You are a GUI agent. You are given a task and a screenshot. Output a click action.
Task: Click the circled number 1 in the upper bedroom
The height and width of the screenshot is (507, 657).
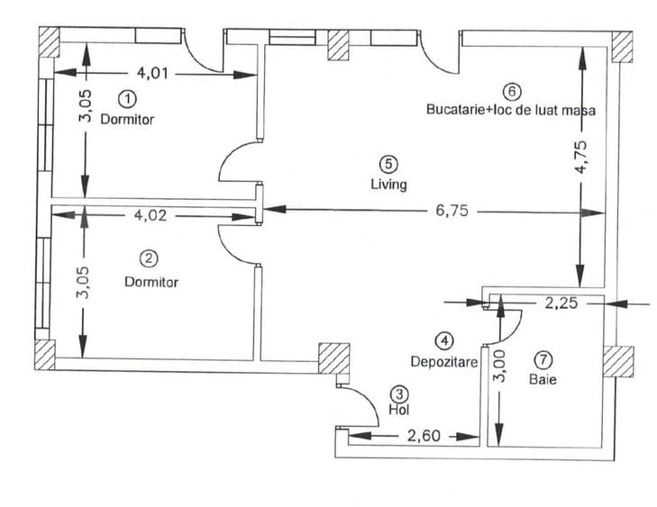click(x=129, y=96)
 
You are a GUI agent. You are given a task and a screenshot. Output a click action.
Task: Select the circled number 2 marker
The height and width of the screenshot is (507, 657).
click(x=151, y=258)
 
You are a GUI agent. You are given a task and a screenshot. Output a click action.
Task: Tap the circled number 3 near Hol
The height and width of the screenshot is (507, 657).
click(x=399, y=394)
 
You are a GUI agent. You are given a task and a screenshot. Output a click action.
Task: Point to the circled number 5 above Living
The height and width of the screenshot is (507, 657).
click(x=388, y=164)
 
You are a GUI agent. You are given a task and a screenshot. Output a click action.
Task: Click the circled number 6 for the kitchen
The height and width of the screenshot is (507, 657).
click(x=511, y=91)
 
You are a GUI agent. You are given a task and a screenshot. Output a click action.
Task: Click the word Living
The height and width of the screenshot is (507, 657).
click(x=388, y=185)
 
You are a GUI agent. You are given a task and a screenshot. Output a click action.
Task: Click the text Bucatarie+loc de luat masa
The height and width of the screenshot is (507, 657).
click(x=510, y=110)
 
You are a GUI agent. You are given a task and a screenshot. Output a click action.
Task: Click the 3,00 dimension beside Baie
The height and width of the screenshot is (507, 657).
click(x=500, y=367)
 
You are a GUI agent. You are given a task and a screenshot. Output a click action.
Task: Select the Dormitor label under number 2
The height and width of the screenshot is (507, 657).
click(x=151, y=281)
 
